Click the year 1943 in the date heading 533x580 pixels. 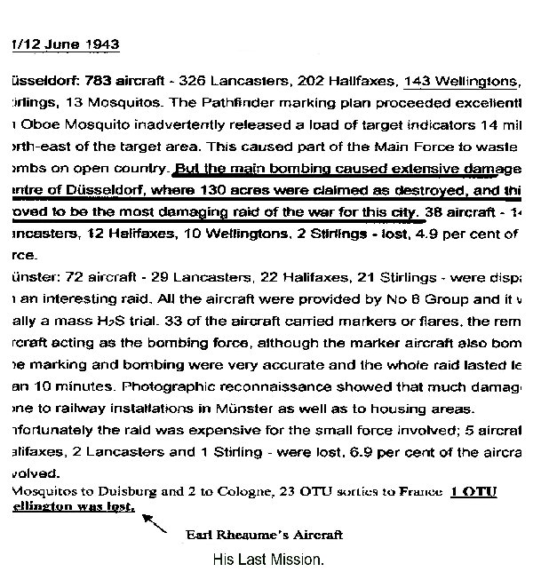[x=101, y=44]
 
